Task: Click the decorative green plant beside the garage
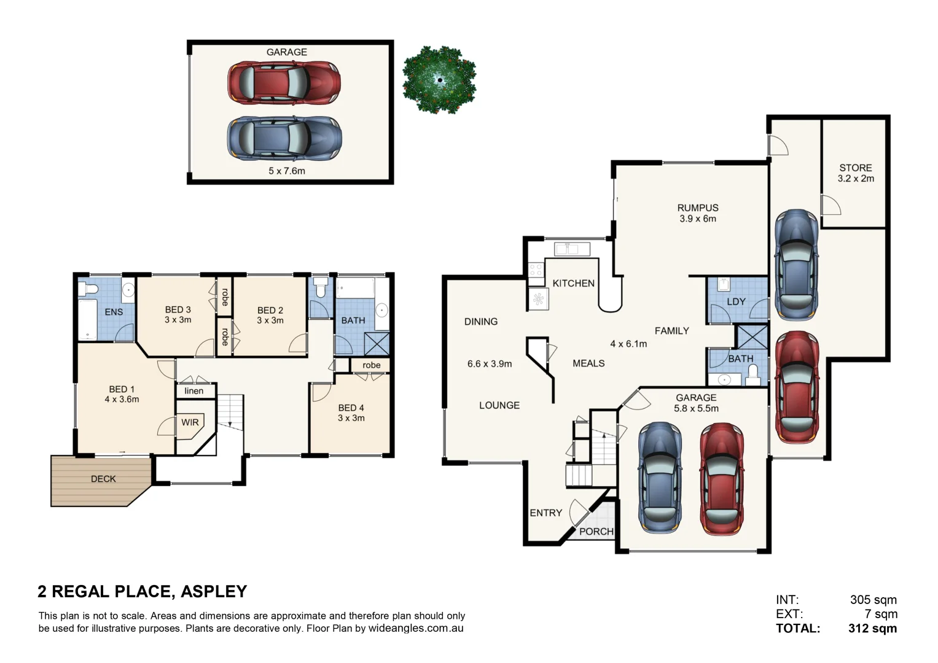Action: [439, 80]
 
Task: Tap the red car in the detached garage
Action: [284, 82]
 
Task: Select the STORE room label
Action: [855, 168]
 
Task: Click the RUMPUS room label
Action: [697, 208]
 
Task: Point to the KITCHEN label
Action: [573, 283]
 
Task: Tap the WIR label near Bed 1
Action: [190, 422]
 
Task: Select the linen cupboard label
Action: [193, 391]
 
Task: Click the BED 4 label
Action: [351, 408]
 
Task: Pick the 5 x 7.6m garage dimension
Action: [286, 171]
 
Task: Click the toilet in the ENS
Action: [90, 289]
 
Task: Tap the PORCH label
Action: [596, 532]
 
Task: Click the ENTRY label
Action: [545, 513]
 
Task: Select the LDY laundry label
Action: [735, 302]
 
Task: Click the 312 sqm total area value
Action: [872, 629]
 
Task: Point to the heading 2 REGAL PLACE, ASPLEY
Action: [142, 591]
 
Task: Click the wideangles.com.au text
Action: [416, 629]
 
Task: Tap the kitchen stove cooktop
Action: [535, 269]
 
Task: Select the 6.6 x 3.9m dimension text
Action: [489, 364]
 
